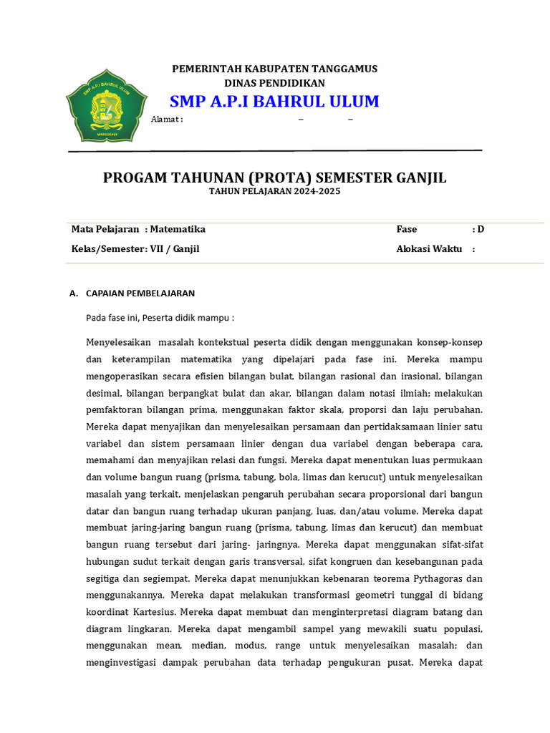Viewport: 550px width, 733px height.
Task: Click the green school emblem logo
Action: pos(107,105)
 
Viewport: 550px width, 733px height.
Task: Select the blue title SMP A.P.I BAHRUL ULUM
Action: pos(274,102)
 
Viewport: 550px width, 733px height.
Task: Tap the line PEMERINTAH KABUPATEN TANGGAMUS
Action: pos(274,69)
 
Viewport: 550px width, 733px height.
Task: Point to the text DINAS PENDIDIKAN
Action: pos(274,83)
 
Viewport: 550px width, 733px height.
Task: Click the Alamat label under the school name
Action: pos(166,120)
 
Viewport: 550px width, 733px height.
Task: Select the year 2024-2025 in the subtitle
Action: pos(317,192)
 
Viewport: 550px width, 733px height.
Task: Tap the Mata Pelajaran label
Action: pos(105,229)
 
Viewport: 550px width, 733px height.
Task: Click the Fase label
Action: pos(407,229)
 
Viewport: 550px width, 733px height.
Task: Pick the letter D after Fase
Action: pos(481,229)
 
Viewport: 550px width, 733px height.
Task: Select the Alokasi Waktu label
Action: pos(430,249)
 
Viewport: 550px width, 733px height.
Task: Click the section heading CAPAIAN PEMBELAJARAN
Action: pos(140,293)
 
